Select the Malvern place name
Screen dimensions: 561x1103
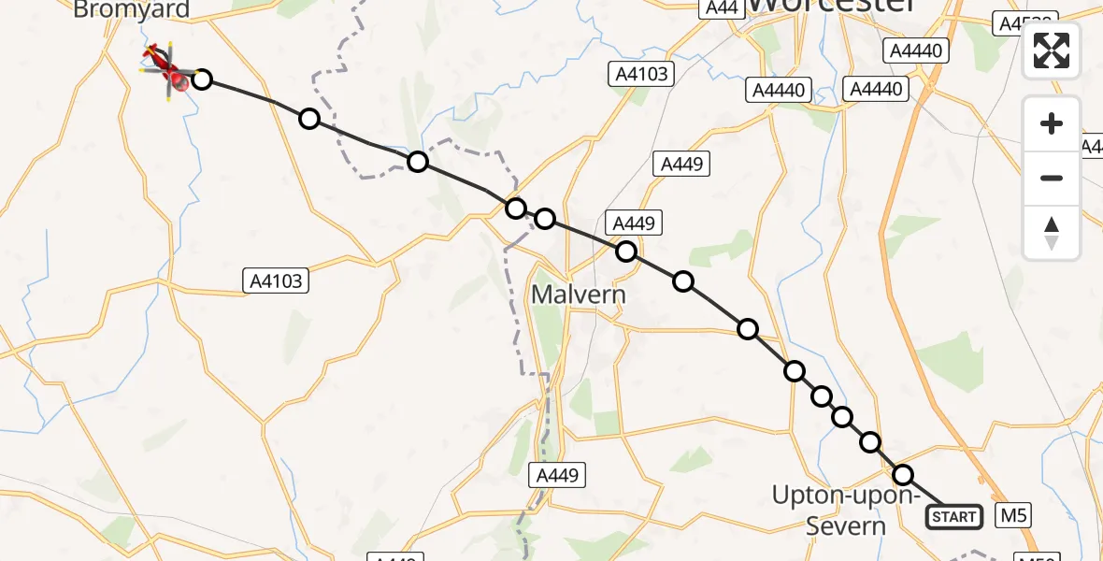tap(578, 295)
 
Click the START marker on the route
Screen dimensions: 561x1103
tap(953, 516)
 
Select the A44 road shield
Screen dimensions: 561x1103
tap(722, 7)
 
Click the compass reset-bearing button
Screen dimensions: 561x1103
tap(1052, 232)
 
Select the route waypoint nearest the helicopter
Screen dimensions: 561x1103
tap(201, 79)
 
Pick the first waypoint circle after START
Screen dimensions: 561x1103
tap(902, 475)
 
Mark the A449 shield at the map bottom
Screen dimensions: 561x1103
tap(557, 475)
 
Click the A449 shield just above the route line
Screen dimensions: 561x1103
tap(635, 223)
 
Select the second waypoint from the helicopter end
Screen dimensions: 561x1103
tap(308, 119)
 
